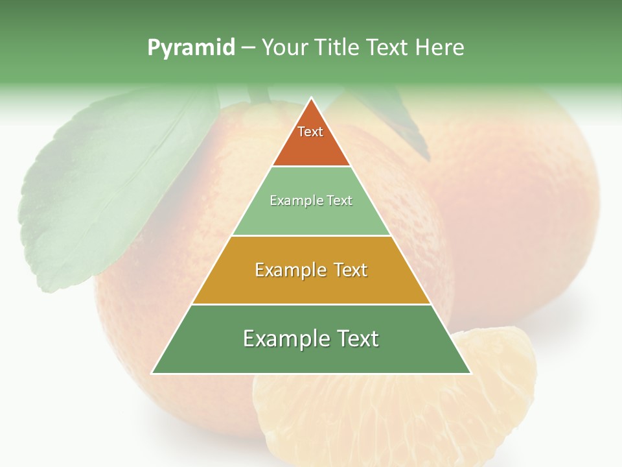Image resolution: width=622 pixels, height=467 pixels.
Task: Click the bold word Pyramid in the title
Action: point(191,47)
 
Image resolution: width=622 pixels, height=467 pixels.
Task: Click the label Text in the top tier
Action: point(310,132)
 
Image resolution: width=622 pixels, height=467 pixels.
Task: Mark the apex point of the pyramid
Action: point(311,99)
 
